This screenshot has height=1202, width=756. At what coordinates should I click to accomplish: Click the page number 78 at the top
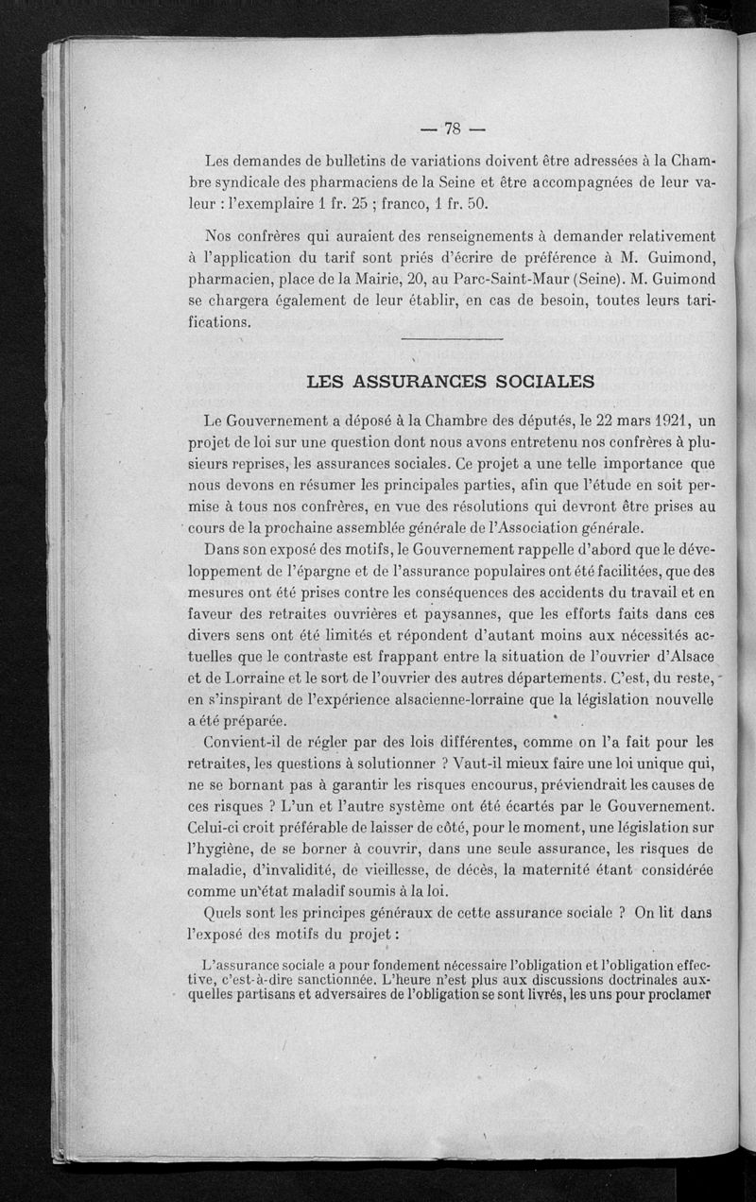click(451, 129)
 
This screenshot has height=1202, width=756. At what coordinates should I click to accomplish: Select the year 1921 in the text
click(661, 420)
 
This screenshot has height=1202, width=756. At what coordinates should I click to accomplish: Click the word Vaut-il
click(467, 764)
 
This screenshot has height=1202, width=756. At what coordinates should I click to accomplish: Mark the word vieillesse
click(406, 869)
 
